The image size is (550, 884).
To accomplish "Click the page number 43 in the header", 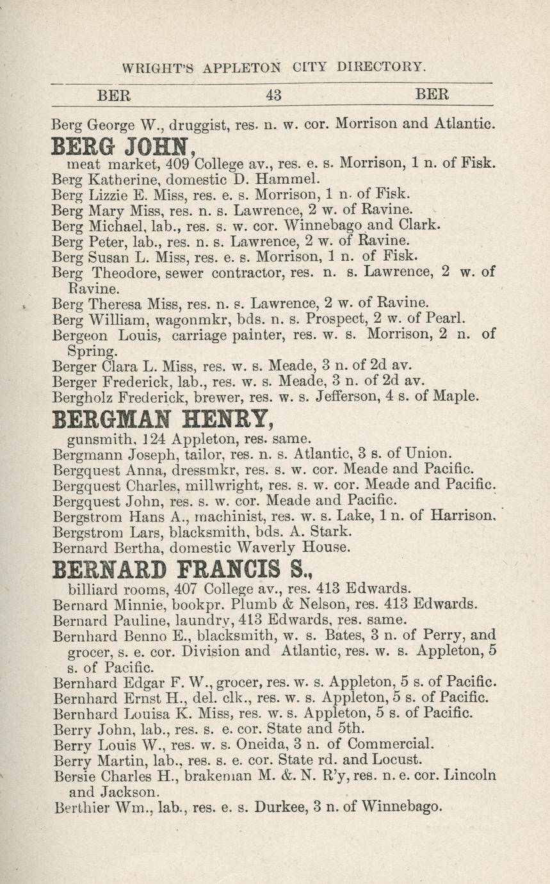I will (x=273, y=95).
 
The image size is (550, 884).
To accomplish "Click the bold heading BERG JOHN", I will (x=122, y=147).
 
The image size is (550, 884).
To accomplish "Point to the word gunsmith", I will (x=95, y=439).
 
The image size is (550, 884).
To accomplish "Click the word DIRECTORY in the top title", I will (x=381, y=67).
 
